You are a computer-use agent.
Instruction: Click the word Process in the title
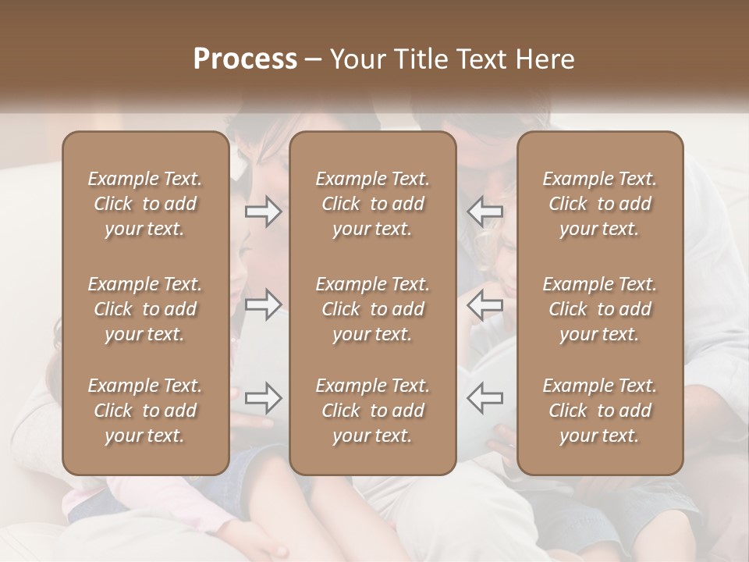click(245, 59)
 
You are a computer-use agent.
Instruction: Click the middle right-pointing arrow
click(264, 305)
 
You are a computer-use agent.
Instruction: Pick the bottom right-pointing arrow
click(264, 399)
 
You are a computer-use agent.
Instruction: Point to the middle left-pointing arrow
click(485, 305)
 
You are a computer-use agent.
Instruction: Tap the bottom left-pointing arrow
click(485, 399)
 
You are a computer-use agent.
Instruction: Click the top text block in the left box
click(145, 204)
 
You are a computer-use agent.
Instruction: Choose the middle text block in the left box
click(145, 309)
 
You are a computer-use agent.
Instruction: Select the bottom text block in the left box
click(145, 411)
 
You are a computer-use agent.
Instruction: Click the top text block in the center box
click(372, 204)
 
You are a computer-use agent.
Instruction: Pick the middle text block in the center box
click(372, 309)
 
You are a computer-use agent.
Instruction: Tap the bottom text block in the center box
click(372, 411)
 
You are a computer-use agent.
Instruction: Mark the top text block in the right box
click(600, 204)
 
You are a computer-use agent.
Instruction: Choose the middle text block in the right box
click(600, 309)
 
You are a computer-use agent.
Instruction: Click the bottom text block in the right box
click(600, 411)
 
